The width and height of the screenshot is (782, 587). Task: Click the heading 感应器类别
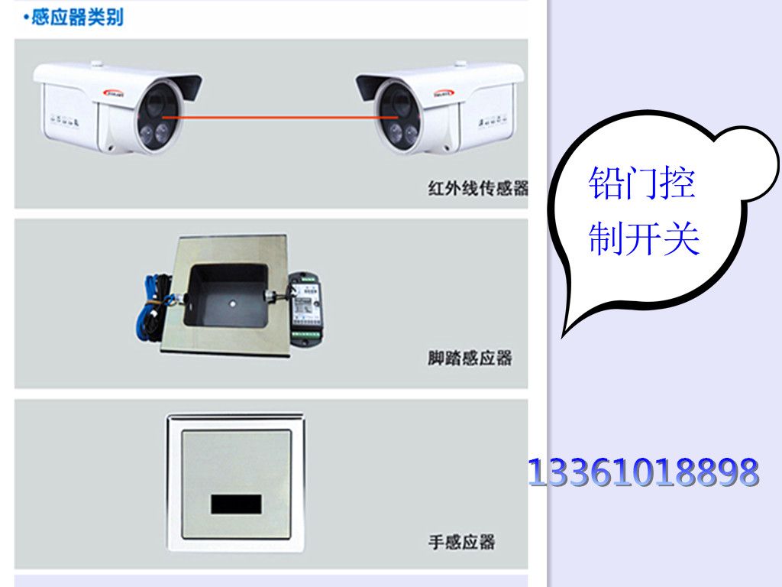tap(77, 18)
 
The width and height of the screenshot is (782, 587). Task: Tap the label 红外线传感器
tap(478, 188)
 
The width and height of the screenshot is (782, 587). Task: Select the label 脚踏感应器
tap(470, 358)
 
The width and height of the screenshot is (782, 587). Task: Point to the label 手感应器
tap(462, 542)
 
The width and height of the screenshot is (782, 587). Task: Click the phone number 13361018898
tap(643, 472)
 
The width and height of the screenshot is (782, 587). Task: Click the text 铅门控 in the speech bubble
tap(641, 183)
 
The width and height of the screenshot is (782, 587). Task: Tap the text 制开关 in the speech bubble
tap(644, 238)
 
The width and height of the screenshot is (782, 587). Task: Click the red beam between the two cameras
tap(280, 118)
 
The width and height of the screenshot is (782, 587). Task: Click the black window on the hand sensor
tap(236, 504)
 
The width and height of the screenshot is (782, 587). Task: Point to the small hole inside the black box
tap(231, 303)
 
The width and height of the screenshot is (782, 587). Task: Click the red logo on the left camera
tap(115, 92)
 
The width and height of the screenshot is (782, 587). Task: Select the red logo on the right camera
tap(443, 92)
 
